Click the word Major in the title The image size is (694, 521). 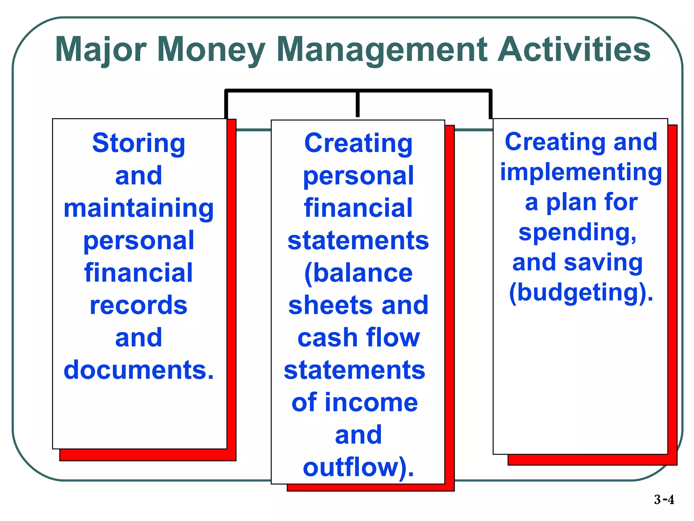[x=101, y=50]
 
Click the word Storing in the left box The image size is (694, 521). [x=139, y=143]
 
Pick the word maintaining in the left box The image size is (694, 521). [x=139, y=208]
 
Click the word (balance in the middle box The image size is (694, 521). [x=358, y=273]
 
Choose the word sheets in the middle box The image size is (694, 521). [x=330, y=305]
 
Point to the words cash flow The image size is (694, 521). [x=358, y=338]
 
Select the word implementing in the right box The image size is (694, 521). [x=581, y=172]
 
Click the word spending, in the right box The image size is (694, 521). [x=577, y=233]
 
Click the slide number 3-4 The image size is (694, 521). [x=664, y=500]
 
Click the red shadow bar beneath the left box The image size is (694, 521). [x=148, y=455]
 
